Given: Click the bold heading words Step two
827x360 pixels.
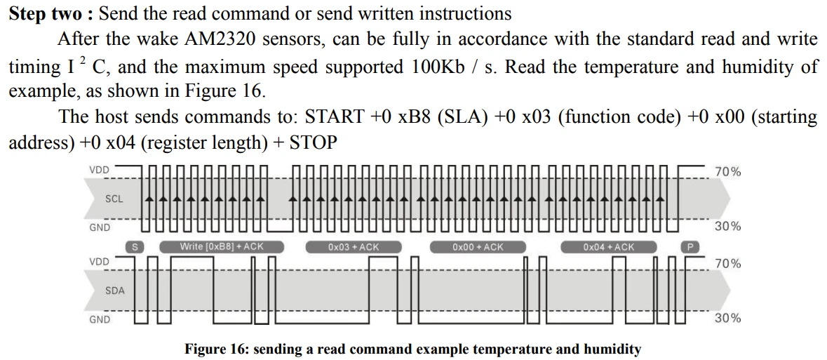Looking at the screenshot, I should pyautogui.click(x=43, y=13).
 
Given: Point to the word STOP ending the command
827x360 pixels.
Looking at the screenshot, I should pyautogui.click(x=314, y=143).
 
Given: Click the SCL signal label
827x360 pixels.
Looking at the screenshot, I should pyautogui.click(x=114, y=199).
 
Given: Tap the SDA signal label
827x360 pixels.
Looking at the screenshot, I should pyautogui.click(x=114, y=289).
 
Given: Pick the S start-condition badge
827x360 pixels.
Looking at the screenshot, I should pyautogui.click(x=135, y=247).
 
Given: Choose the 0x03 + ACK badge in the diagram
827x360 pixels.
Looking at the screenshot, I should pyautogui.click(x=353, y=247).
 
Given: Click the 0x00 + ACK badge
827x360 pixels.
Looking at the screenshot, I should pyautogui.click(x=478, y=247).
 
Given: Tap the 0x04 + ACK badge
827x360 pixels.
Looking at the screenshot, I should pyautogui.click(x=608, y=247).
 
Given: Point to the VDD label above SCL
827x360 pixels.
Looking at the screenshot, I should pyautogui.click(x=99, y=170).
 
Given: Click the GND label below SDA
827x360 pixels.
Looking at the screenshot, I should pyautogui.click(x=99, y=319).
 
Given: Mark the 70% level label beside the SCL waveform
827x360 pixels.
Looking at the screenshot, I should pyautogui.click(x=727, y=171).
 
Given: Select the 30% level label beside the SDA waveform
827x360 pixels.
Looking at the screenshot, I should pyautogui.click(x=727, y=319).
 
